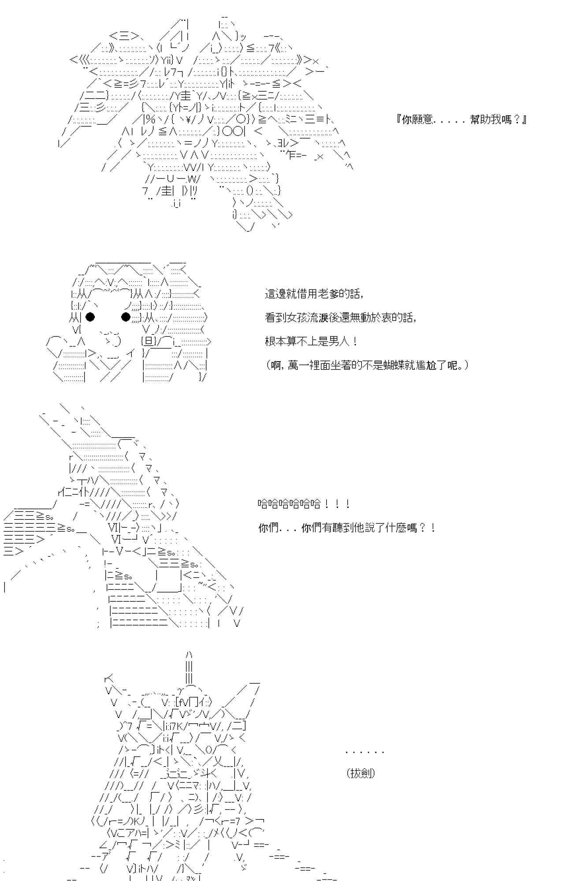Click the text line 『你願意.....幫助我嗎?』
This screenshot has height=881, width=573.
coord(461,119)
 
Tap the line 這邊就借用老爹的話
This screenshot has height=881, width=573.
coord(314,294)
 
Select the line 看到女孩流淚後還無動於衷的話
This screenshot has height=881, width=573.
coord(341,317)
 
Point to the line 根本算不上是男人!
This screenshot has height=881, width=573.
coord(311,341)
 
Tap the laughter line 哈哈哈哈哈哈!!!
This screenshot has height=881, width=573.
coord(304,504)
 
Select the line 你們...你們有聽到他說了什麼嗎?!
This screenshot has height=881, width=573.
coord(347,528)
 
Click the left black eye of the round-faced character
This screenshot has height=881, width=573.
coord(90,316)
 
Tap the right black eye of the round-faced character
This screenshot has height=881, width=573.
coord(126,316)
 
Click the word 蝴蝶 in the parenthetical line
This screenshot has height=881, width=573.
coord(394,365)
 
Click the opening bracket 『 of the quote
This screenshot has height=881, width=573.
coord(399,119)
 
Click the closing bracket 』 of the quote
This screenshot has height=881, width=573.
coord(524,119)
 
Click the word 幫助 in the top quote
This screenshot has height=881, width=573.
coord(481,119)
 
